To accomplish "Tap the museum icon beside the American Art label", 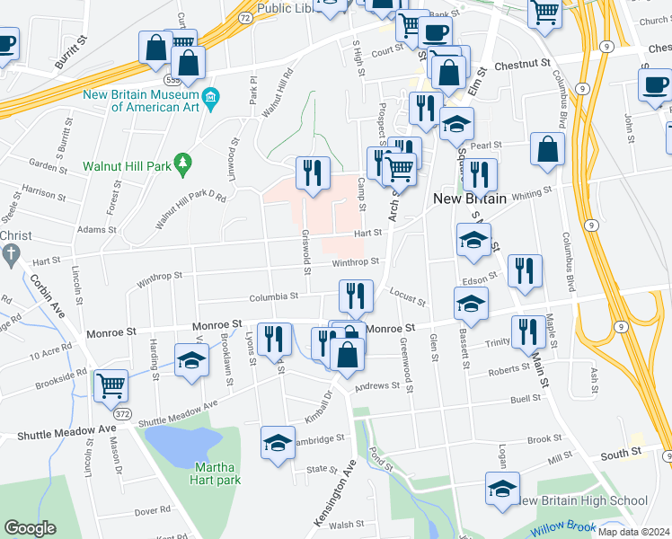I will [210, 96].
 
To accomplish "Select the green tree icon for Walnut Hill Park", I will [183, 162].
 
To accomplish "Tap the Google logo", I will [30, 528].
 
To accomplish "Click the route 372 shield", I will [123, 414].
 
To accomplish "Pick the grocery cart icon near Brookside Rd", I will [111, 386].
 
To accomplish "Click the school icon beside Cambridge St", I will [279, 442].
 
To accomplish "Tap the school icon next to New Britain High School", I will [502, 489].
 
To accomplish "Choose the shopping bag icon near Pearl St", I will [547, 150].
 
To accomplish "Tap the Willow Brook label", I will [561, 530].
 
